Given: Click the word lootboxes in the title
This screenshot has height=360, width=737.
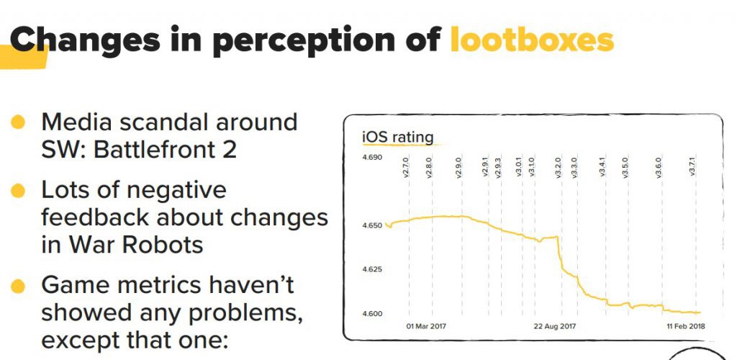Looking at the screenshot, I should coord(532,41).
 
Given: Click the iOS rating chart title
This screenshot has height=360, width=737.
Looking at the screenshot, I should coord(397,137).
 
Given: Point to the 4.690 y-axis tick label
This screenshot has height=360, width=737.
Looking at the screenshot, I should coord(372,156).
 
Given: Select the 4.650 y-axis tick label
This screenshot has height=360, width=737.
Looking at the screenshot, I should coord(372,226).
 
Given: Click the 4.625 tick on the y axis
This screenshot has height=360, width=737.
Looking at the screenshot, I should coord(372,270).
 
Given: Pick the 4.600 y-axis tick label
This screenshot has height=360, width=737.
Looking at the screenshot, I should coord(372,314).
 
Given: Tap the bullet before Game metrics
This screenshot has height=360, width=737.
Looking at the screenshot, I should coord(18,285).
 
